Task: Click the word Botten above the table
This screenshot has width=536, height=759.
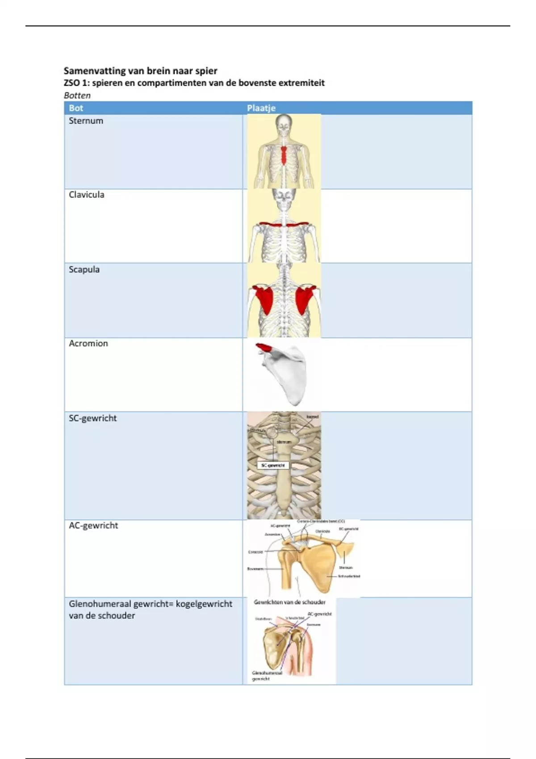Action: [77, 95]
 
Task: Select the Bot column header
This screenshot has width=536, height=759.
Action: [76, 108]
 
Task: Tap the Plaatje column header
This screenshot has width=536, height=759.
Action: [261, 108]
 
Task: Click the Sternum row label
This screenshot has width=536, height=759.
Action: [86, 121]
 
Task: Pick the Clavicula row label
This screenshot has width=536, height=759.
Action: [86, 195]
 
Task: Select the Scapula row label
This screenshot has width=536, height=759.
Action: [84, 269]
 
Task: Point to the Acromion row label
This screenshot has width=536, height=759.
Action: [88, 343]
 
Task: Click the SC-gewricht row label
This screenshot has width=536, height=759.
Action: [92, 418]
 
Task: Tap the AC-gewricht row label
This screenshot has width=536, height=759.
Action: [93, 525]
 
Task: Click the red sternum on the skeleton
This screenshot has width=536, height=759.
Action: [284, 154]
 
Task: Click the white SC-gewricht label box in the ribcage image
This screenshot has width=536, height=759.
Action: [273, 465]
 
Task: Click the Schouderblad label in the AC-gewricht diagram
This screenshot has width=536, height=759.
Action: [349, 576]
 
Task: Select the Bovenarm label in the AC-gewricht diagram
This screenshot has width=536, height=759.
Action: [255, 569]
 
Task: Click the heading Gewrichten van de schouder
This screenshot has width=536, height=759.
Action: [289, 602]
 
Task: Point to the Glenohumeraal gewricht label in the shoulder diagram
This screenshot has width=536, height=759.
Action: [267, 676]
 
